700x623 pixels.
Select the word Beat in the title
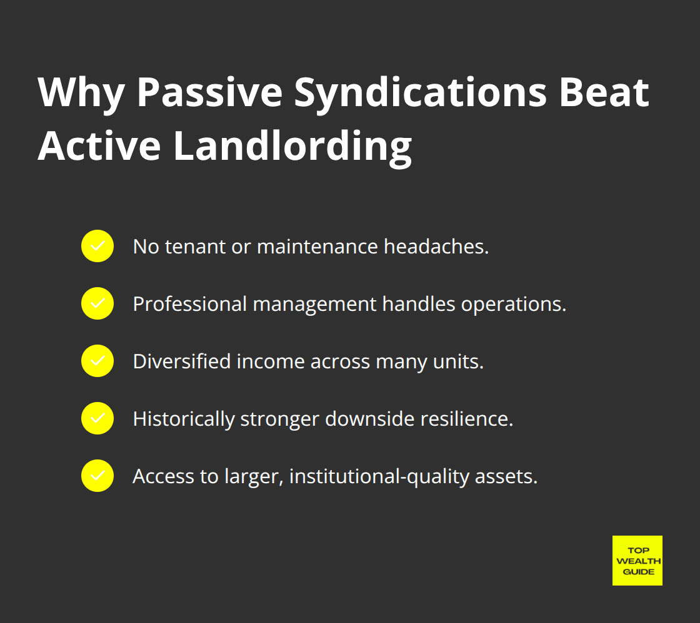click(x=604, y=94)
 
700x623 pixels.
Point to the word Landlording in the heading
click(x=292, y=147)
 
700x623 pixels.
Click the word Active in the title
click(x=99, y=147)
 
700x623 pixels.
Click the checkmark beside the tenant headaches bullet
click(x=97, y=246)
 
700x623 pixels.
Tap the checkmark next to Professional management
click(x=97, y=303)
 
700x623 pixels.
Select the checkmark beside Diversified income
click(x=97, y=361)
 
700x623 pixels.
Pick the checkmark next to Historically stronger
click(x=97, y=418)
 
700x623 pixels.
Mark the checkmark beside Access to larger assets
click(x=97, y=476)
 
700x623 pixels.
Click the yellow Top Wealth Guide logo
click(x=637, y=560)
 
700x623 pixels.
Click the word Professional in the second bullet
click(x=190, y=304)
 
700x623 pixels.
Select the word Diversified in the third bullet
click(x=182, y=361)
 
